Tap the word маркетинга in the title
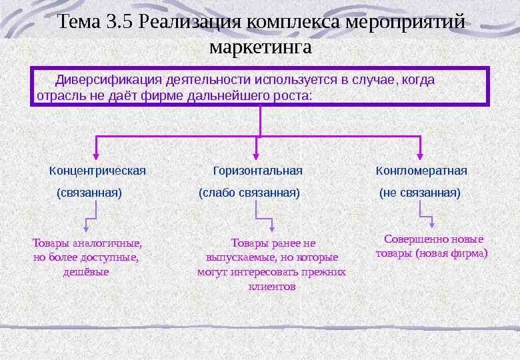(x=260, y=48)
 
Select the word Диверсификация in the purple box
(x=99, y=80)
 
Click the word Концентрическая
(x=97, y=171)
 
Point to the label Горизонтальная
(x=257, y=171)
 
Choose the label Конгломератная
(x=421, y=171)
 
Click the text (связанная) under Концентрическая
(x=89, y=193)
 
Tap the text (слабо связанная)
(x=250, y=193)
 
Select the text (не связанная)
(x=420, y=193)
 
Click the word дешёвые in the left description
(x=86, y=272)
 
